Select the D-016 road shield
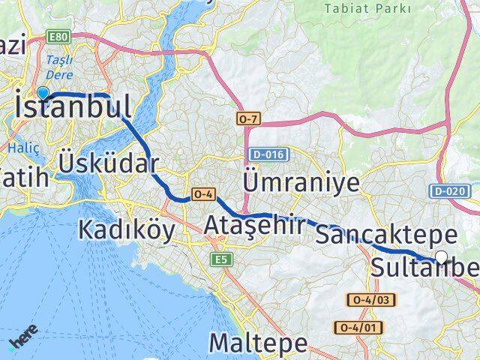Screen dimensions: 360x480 (266, 154)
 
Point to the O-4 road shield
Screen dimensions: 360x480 (204, 194)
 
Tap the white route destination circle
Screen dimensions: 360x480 (441, 257)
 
